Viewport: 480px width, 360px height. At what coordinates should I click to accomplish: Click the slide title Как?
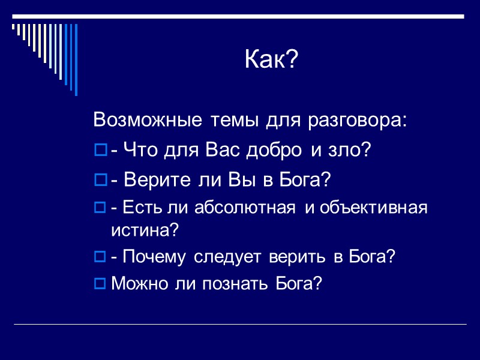pyautogui.click(x=271, y=60)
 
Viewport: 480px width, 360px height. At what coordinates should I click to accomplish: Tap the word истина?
pyautogui.click(x=145, y=230)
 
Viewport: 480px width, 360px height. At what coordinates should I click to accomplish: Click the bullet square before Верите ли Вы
pyautogui.click(x=100, y=179)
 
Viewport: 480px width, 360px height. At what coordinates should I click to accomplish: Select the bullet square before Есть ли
pyautogui.click(x=100, y=208)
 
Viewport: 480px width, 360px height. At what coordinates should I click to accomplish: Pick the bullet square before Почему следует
pyautogui.click(x=100, y=257)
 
